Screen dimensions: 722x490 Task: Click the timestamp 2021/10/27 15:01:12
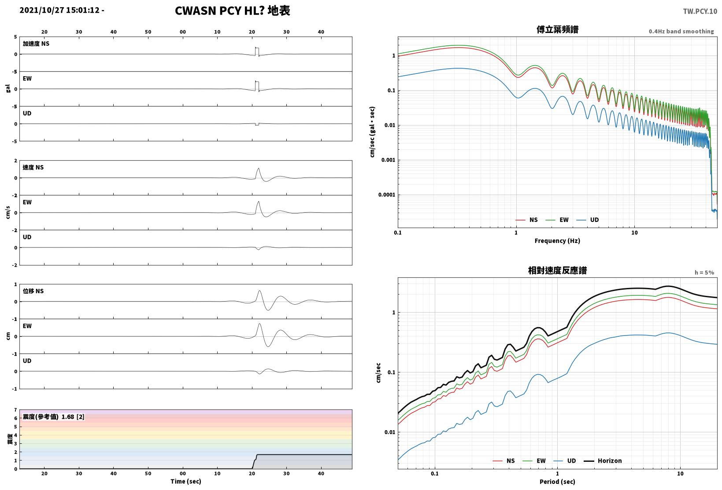[x=59, y=10]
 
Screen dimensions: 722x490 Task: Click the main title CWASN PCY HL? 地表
[x=233, y=11]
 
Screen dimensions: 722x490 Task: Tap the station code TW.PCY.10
[x=700, y=11]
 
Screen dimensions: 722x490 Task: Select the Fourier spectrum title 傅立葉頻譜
[x=557, y=29]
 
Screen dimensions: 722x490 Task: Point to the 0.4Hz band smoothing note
[x=681, y=31]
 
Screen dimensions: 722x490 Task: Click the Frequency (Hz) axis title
[x=557, y=241]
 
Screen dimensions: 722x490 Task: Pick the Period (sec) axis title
[x=557, y=482]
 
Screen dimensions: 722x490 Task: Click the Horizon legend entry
[x=603, y=461]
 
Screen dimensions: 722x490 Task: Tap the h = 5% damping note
[x=704, y=273]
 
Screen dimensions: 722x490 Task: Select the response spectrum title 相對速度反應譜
[x=557, y=270]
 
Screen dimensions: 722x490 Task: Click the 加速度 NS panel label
[x=36, y=44]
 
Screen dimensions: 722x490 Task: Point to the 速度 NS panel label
[x=33, y=167]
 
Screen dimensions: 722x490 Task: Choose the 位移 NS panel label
[x=33, y=291]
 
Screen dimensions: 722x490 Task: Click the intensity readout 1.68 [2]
[x=73, y=416]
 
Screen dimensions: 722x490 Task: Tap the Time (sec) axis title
[x=186, y=481]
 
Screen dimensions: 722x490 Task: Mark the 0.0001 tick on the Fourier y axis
[x=386, y=195]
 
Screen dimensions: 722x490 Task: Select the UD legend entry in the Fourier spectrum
[x=588, y=220]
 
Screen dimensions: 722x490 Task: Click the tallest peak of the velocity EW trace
[x=259, y=202]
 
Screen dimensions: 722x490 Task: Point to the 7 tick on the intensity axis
[x=15, y=410]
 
